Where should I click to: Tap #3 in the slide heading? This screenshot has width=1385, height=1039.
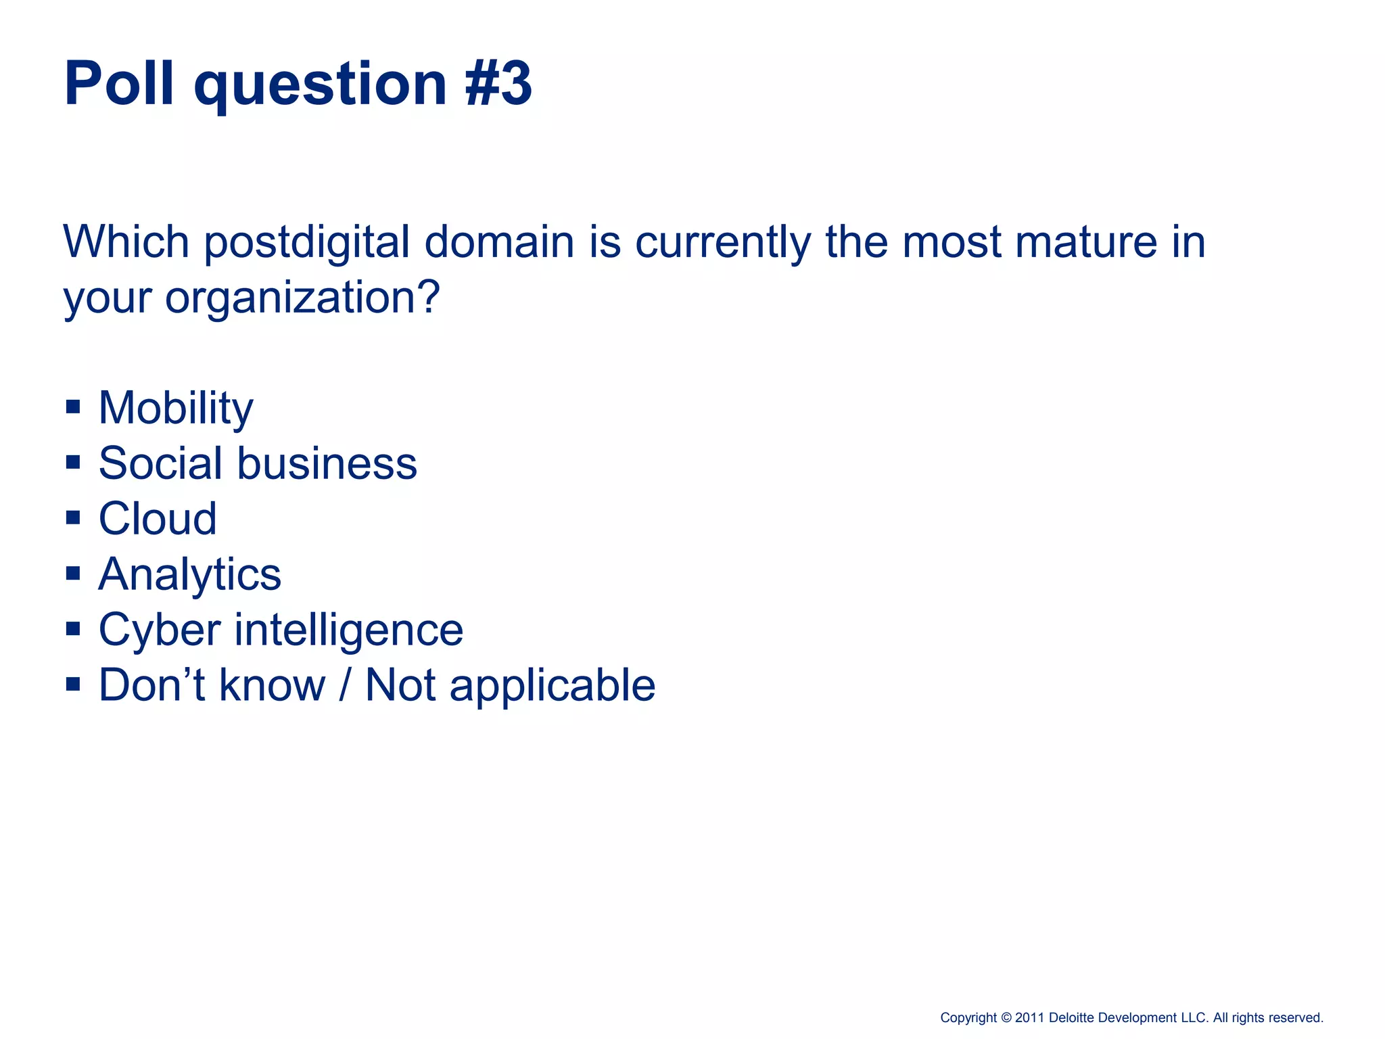coord(499,83)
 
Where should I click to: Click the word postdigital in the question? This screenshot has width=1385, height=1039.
coord(307,241)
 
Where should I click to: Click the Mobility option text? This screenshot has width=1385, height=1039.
coord(176,408)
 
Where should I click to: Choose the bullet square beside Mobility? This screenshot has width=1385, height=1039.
coord(73,407)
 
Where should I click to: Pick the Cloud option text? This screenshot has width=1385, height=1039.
coord(158,519)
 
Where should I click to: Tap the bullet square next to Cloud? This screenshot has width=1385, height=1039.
coord(73,518)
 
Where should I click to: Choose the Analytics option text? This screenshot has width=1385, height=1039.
coord(189,575)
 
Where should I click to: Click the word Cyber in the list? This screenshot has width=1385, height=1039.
coord(160,630)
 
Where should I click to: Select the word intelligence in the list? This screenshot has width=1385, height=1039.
coord(348,630)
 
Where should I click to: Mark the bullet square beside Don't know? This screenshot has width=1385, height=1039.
coord(73,685)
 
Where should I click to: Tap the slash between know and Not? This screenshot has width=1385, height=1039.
coord(345,685)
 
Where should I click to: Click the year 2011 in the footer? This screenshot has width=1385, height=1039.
coord(1030,1017)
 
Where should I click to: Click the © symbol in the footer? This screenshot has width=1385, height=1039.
coord(1006,1017)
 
